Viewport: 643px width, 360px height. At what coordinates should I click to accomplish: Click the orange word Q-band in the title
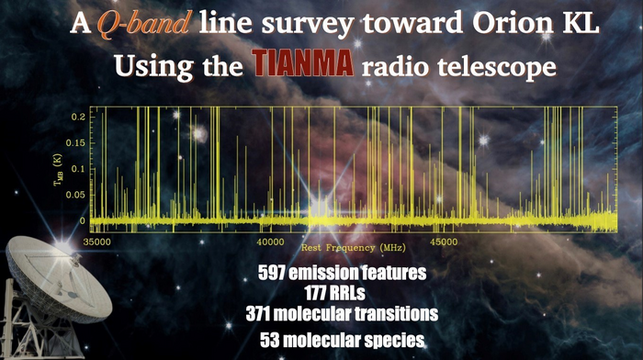(143, 23)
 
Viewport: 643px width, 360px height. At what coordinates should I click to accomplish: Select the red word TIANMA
(303, 63)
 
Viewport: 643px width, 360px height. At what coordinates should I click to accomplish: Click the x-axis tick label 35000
(96, 242)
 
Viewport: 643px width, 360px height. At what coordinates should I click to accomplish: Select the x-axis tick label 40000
(270, 242)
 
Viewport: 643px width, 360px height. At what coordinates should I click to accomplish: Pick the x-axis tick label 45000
(444, 242)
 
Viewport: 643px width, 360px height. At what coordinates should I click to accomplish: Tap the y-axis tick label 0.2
(78, 117)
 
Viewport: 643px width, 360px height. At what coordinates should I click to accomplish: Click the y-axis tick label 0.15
(75, 143)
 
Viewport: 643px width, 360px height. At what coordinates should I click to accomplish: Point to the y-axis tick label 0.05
(75, 195)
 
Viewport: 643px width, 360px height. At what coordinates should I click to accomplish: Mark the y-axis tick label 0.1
(78, 169)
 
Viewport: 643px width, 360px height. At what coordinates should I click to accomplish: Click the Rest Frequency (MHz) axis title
(353, 248)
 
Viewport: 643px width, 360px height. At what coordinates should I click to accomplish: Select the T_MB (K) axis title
(58, 169)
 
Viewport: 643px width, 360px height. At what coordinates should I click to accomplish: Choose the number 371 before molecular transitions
(257, 314)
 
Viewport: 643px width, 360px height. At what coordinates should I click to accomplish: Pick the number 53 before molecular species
(268, 341)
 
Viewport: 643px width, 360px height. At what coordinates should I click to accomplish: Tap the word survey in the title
(308, 25)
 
